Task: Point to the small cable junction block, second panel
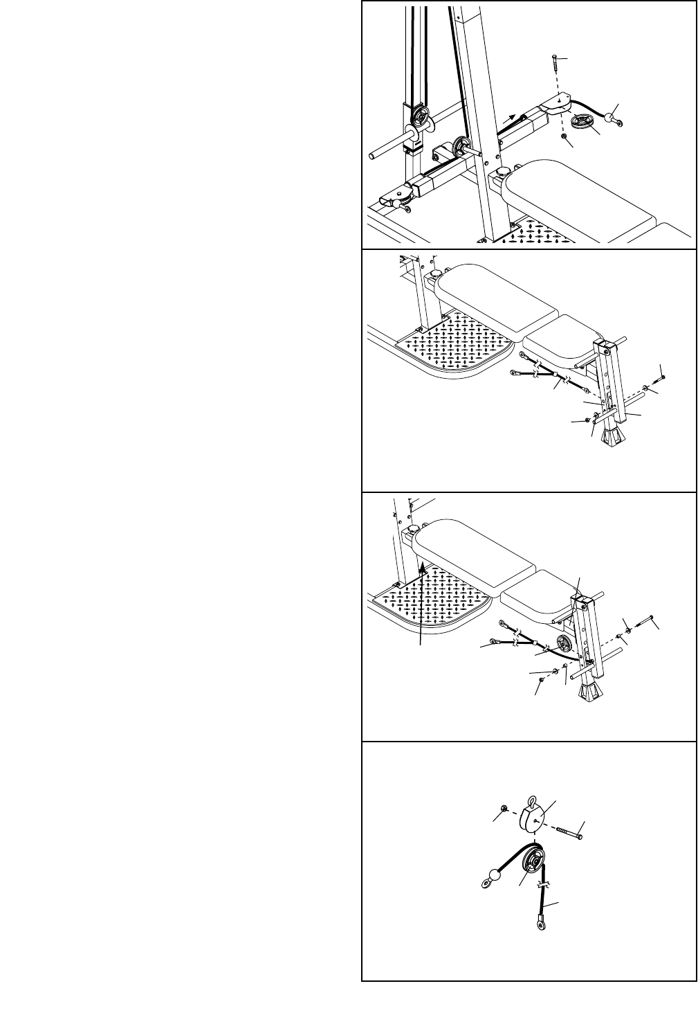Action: tap(557, 378)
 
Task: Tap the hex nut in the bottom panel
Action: tap(503, 809)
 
